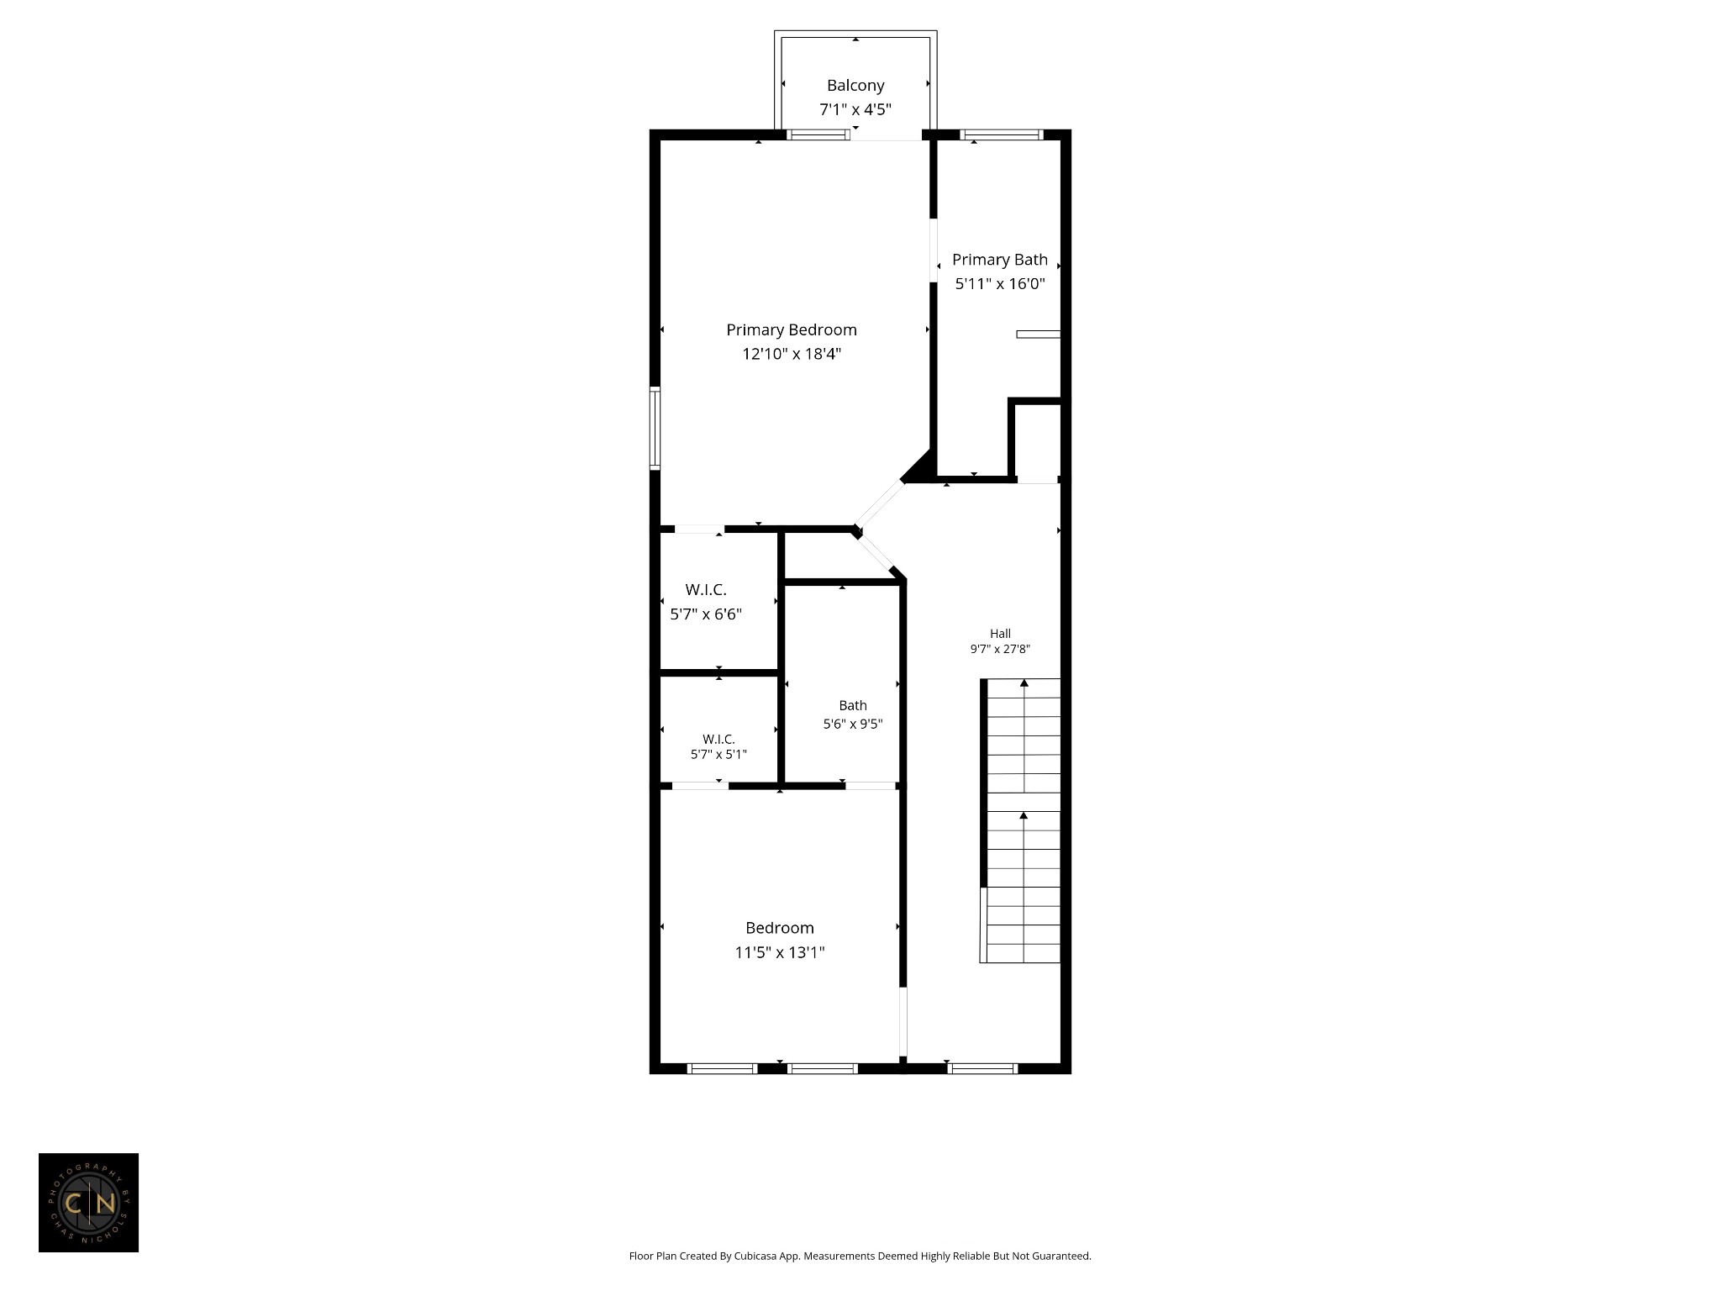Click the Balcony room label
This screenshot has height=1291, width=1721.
(x=855, y=85)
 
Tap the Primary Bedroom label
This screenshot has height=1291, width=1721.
(x=792, y=329)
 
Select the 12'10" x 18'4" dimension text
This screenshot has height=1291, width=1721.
(x=792, y=354)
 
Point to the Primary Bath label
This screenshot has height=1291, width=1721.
(x=1000, y=260)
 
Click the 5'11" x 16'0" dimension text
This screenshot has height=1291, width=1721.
(x=1000, y=284)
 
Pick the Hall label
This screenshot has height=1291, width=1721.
(x=1000, y=634)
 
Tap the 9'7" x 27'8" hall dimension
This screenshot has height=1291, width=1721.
(x=1000, y=649)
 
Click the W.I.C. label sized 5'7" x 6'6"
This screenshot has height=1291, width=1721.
(x=706, y=590)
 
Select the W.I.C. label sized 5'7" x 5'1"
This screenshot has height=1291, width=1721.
(x=718, y=739)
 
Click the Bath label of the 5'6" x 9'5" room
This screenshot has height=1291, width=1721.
(x=853, y=705)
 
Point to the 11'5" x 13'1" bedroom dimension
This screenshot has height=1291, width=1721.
(x=780, y=952)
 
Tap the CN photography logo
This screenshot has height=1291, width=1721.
(x=88, y=1203)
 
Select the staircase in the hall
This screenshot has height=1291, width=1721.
(x=1020, y=820)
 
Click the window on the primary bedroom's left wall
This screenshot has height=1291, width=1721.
(x=655, y=427)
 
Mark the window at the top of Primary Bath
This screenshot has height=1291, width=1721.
(x=1002, y=134)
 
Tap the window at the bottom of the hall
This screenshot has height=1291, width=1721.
(x=982, y=1068)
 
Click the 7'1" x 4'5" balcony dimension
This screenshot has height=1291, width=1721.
(x=855, y=109)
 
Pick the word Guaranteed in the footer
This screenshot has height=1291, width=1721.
(x=1061, y=1257)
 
